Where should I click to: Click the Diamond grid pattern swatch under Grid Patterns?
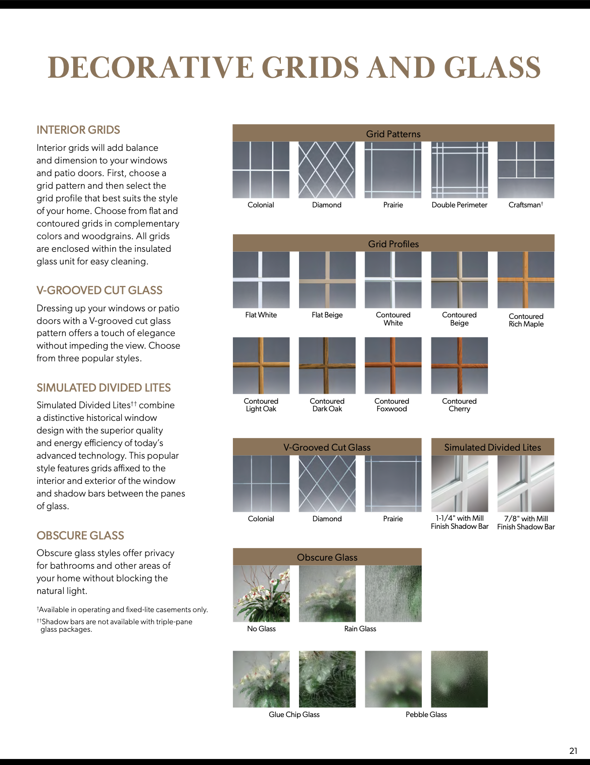[x=327, y=170]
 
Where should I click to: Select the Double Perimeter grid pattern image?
[x=460, y=170]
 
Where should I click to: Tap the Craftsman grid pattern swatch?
[x=526, y=170]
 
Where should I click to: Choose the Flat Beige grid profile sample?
[x=327, y=280]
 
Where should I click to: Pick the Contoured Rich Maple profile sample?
[x=526, y=280]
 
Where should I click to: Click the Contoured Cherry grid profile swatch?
[x=460, y=366]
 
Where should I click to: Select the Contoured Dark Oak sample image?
[x=327, y=366]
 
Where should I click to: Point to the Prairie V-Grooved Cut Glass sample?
[x=393, y=484]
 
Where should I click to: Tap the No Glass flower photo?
[x=261, y=594]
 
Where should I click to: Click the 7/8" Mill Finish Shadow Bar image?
[x=526, y=484]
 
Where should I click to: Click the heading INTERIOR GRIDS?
[x=78, y=130]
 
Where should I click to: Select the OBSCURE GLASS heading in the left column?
[x=80, y=536]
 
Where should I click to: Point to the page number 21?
[x=573, y=751]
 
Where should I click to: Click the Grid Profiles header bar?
[x=394, y=244]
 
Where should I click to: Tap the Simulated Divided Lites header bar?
[x=493, y=448]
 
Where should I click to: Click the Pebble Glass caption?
[x=426, y=715]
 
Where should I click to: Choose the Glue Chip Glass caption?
[x=294, y=715]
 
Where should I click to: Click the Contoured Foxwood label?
[x=391, y=405]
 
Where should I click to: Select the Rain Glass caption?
[x=360, y=629]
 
